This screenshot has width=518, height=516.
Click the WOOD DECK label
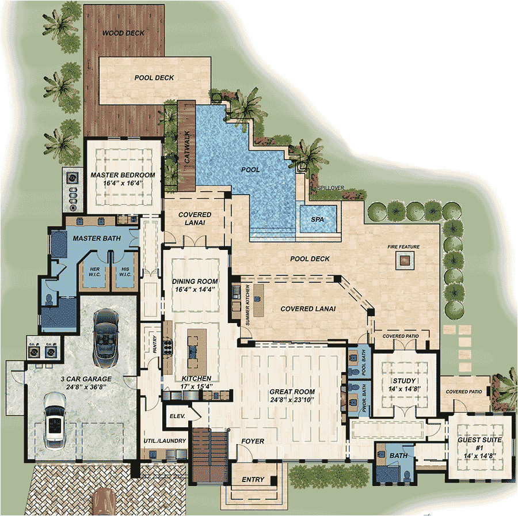(123, 33)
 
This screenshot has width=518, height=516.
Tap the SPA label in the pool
(317, 220)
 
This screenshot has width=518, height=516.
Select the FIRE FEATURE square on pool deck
(403, 262)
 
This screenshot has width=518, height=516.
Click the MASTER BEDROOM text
(123, 175)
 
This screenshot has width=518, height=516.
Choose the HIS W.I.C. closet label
(125, 270)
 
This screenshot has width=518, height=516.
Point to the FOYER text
(253, 442)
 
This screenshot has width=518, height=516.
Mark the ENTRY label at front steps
(253, 480)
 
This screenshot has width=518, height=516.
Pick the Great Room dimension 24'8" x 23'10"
(292, 400)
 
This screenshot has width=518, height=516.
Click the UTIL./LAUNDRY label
(165, 441)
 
